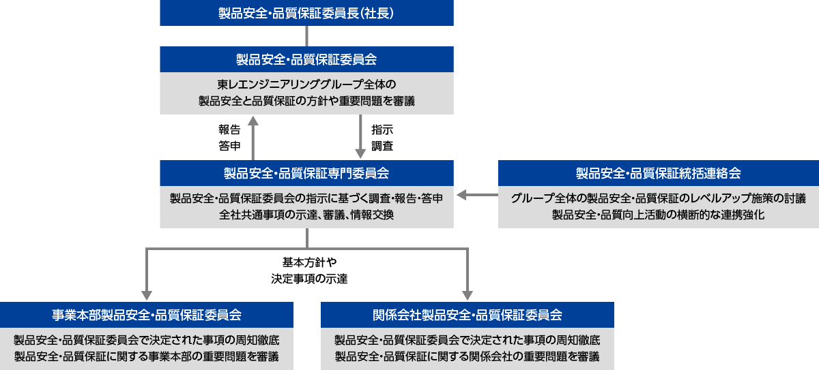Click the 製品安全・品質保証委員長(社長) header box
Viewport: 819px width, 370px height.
306,13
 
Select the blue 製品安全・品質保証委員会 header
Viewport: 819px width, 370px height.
306,59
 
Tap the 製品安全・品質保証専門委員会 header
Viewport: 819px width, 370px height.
306,173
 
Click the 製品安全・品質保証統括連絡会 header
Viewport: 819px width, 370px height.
658,173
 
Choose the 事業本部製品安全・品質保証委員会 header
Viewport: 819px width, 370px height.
147,315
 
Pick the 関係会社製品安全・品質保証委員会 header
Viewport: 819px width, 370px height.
468,315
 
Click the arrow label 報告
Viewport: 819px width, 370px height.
229,129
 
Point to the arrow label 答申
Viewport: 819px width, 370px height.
229,145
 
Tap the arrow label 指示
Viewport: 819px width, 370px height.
382,129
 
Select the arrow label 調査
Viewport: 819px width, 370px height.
382,145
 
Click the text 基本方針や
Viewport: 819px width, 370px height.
306,262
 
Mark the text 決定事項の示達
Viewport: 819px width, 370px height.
306,278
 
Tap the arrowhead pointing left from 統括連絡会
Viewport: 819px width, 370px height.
462,196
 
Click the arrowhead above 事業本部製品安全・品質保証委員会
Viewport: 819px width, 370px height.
147,294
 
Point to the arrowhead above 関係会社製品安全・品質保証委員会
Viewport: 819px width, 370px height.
468,294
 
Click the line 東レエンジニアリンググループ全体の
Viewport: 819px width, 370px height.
306,85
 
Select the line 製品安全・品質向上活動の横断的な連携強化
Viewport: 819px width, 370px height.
658,215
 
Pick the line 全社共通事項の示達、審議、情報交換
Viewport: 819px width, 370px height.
306,215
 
